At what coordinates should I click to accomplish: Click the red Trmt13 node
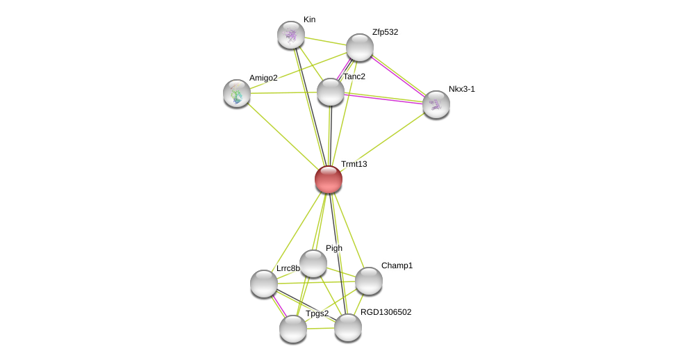tap(329, 179)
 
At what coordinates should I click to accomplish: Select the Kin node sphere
tap(291, 35)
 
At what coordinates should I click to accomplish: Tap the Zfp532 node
tap(360, 47)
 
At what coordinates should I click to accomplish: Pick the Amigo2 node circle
tap(237, 93)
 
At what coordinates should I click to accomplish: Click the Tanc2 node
tap(331, 92)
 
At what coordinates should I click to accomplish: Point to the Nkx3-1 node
tap(436, 104)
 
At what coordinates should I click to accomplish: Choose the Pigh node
tap(313, 263)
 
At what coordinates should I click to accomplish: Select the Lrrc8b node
tap(264, 284)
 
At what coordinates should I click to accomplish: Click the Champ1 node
tap(369, 281)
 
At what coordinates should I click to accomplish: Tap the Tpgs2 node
tap(293, 329)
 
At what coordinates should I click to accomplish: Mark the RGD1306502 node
tap(348, 327)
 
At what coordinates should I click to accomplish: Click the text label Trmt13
tap(354, 164)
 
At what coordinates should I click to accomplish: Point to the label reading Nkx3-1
tap(461, 89)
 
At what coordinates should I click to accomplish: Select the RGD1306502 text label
tap(386, 312)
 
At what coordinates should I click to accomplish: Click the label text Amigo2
tap(263, 78)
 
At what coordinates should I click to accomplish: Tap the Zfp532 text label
tap(385, 32)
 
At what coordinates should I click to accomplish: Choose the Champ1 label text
tap(397, 265)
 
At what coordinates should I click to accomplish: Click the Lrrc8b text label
tap(288, 268)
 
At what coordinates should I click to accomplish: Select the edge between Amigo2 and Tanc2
tap(283, 92)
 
